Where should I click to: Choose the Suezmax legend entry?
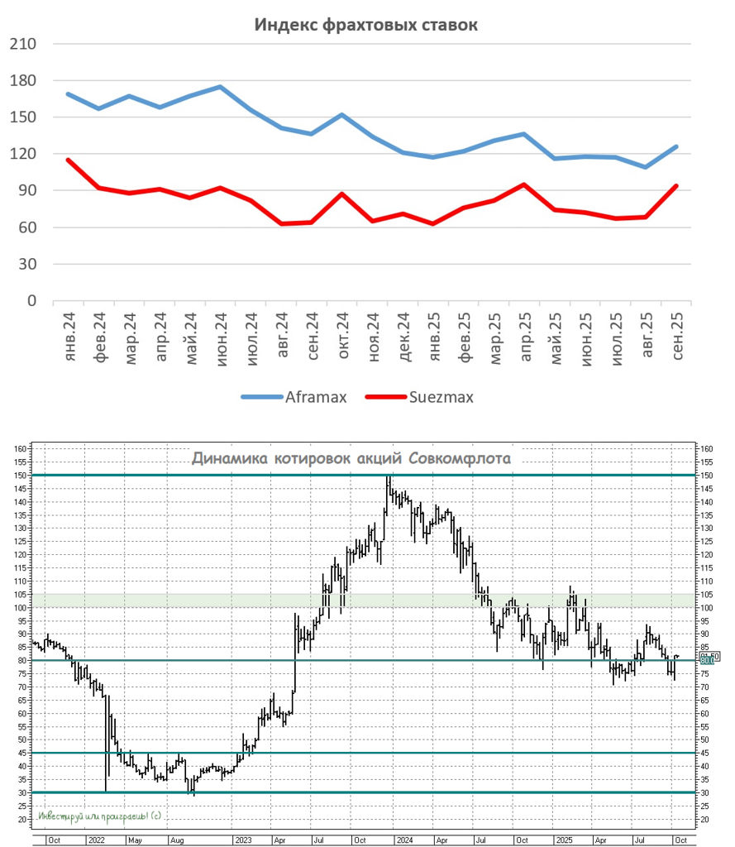click(x=441, y=397)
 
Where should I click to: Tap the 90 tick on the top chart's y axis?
click(x=27, y=191)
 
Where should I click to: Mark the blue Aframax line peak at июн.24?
click(x=220, y=86)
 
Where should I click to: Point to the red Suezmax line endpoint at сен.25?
click(x=677, y=186)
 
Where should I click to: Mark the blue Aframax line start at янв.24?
click(x=68, y=93)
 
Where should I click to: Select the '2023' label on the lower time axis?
click(x=242, y=840)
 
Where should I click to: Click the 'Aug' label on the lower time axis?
click(x=177, y=840)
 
